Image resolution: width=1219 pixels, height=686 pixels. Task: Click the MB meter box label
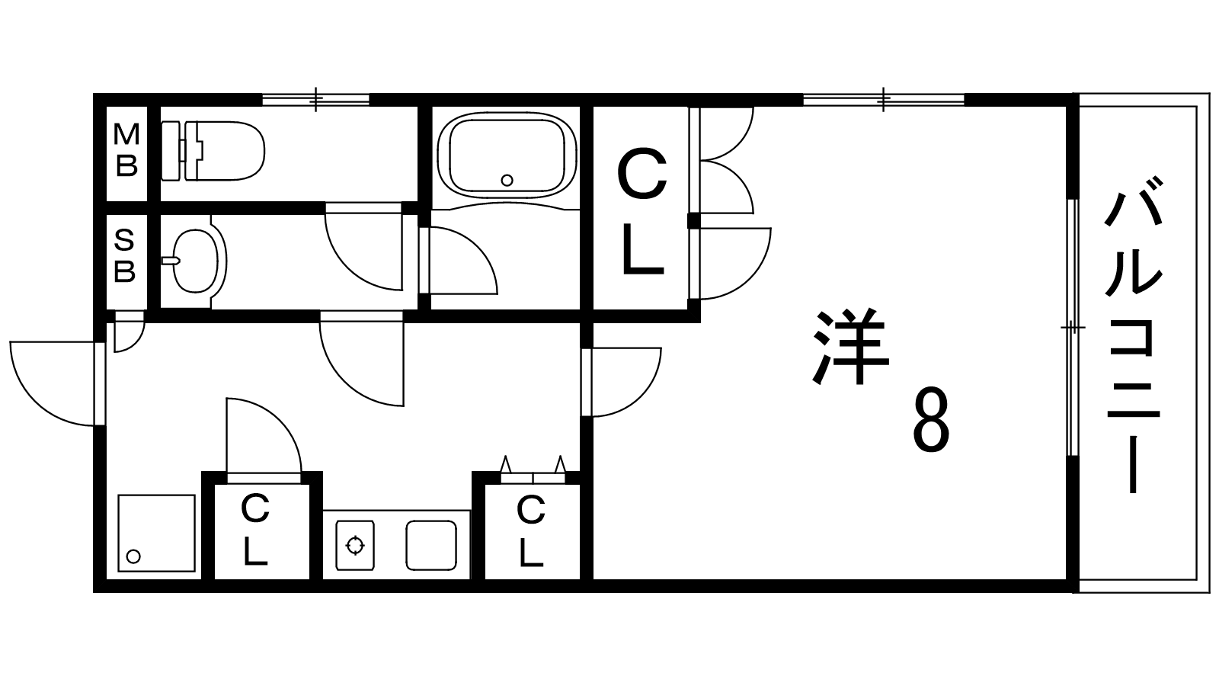click(x=126, y=150)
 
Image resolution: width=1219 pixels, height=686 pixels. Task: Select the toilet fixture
click(x=213, y=150)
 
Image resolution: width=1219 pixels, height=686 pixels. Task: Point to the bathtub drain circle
click(x=507, y=181)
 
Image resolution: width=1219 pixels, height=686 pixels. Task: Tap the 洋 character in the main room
click(x=851, y=348)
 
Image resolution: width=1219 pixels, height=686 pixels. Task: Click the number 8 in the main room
click(x=931, y=421)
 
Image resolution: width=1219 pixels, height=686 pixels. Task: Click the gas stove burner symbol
click(x=355, y=545)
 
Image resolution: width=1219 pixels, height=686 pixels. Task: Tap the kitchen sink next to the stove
click(x=430, y=545)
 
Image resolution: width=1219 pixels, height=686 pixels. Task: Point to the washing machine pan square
click(x=156, y=533)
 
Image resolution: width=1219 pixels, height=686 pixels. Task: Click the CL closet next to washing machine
click(x=256, y=530)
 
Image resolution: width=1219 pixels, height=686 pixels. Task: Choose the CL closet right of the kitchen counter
click(x=531, y=531)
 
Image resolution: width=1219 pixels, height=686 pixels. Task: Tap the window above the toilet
click(x=316, y=99)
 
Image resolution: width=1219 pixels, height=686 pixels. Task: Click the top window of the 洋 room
click(x=884, y=99)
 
